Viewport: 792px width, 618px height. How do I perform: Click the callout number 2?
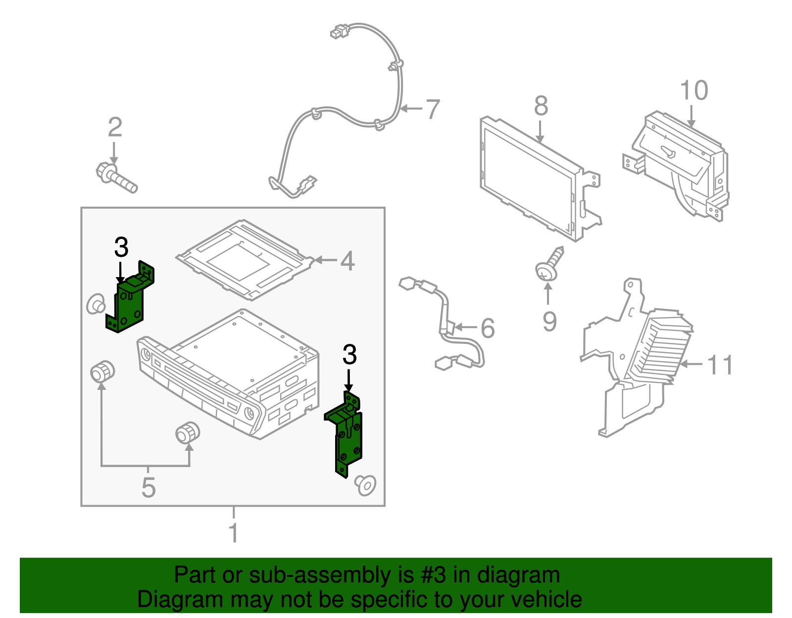pos(115,127)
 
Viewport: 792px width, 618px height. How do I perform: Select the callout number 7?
pos(433,109)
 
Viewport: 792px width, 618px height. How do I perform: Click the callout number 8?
pos(541,106)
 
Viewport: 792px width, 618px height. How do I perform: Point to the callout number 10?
pos(694,91)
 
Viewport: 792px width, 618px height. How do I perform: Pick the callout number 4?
pos(347,261)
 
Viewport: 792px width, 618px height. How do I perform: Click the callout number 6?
pos(488,328)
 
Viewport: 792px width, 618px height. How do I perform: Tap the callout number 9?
pos(549,321)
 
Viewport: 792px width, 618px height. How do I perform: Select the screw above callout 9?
pos(549,264)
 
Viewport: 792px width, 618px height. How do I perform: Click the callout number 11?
pos(720,365)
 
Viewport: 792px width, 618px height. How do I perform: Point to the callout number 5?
pos(148,487)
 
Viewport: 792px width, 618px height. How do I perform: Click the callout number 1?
pos(234,533)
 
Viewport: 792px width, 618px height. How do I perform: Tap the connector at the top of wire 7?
pos(339,31)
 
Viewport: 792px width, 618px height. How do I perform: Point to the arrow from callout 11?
pos(691,364)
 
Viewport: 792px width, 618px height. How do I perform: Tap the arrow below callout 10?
pos(692,117)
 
